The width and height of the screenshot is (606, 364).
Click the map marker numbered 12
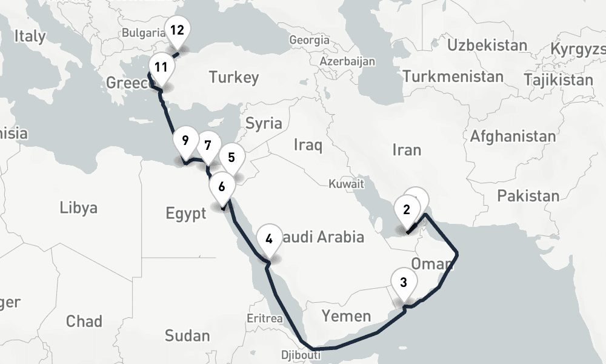[177, 30]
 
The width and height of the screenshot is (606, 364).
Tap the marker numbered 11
[161, 67]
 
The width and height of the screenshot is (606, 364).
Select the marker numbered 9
[185, 142]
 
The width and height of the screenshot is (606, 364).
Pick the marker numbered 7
[208, 146]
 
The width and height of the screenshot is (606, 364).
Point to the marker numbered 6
[222, 186]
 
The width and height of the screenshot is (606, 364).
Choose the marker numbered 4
[269, 238]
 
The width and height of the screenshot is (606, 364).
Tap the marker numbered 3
[404, 282]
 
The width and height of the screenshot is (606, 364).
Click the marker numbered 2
[407, 211]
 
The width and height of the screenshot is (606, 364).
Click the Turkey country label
[233, 77]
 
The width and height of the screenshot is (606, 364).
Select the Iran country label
[407, 149]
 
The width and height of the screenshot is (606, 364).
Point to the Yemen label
[346, 315]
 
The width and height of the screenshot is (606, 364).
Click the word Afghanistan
[513, 136]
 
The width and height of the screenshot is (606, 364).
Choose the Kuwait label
[346, 183]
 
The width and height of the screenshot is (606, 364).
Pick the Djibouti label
[301, 355]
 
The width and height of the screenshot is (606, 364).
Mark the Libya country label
[79, 208]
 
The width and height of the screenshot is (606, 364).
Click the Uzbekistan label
[487, 45]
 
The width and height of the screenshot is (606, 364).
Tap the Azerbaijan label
[347, 61]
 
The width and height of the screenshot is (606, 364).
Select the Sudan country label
[187, 335]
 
